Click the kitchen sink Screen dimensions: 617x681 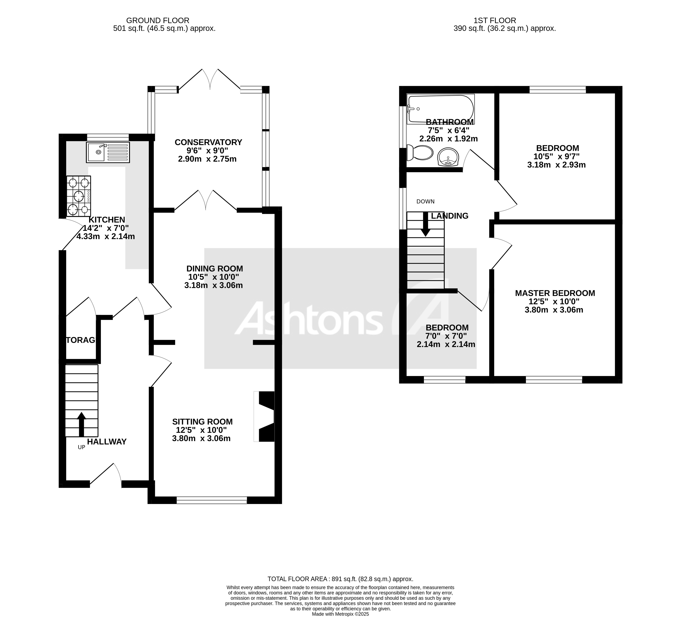tap(108, 152)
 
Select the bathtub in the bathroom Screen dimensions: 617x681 tap(440, 109)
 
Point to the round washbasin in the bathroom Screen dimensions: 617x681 tap(448, 158)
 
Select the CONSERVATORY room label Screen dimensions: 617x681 tap(208, 142)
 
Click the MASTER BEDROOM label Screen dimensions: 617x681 tap(555, 293)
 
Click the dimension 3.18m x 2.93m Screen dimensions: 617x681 tap(556, 165)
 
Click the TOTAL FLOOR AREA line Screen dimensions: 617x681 tap(340, 579)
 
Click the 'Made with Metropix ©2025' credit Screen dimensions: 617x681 tap(340, 614)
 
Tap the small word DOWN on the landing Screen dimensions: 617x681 tap(425, 201)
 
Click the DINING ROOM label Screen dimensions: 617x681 tap(215, 269)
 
